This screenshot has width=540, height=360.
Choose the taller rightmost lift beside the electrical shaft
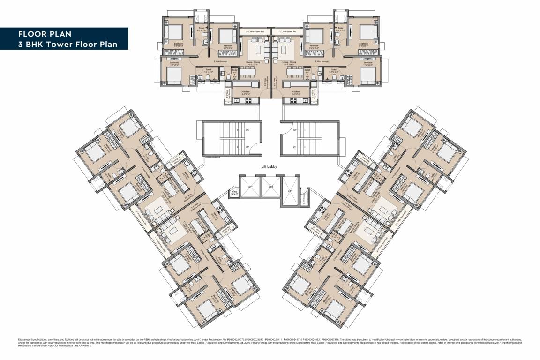coord(291,191)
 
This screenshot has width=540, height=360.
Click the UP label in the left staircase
coord(247,147)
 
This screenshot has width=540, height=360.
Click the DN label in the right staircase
coord(294,147)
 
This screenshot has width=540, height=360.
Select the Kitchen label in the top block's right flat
coord(296,91)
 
